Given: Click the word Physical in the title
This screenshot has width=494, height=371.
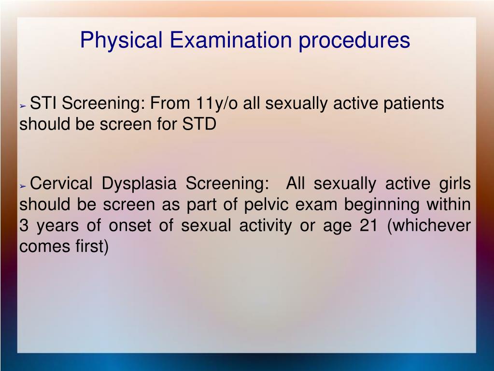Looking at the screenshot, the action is tap(121, 40).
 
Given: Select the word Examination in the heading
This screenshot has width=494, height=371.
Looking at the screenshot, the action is tap(231, 40).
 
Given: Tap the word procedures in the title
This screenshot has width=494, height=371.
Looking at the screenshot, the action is tap(354, 40).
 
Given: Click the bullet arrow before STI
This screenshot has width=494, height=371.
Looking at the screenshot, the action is tap(23, 106).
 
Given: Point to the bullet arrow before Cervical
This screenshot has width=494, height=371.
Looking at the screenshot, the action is tap(23, 186).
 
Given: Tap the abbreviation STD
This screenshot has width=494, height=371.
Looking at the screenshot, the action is tap(199, 124).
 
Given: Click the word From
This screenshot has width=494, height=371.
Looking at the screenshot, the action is tap(170, 103).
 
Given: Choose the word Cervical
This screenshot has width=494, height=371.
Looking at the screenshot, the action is tap(61, 183).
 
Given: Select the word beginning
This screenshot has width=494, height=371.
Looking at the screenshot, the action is tap(381, 205).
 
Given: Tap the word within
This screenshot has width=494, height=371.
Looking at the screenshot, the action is tap(449, 204).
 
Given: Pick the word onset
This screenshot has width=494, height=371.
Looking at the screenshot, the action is tap(130, 226).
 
